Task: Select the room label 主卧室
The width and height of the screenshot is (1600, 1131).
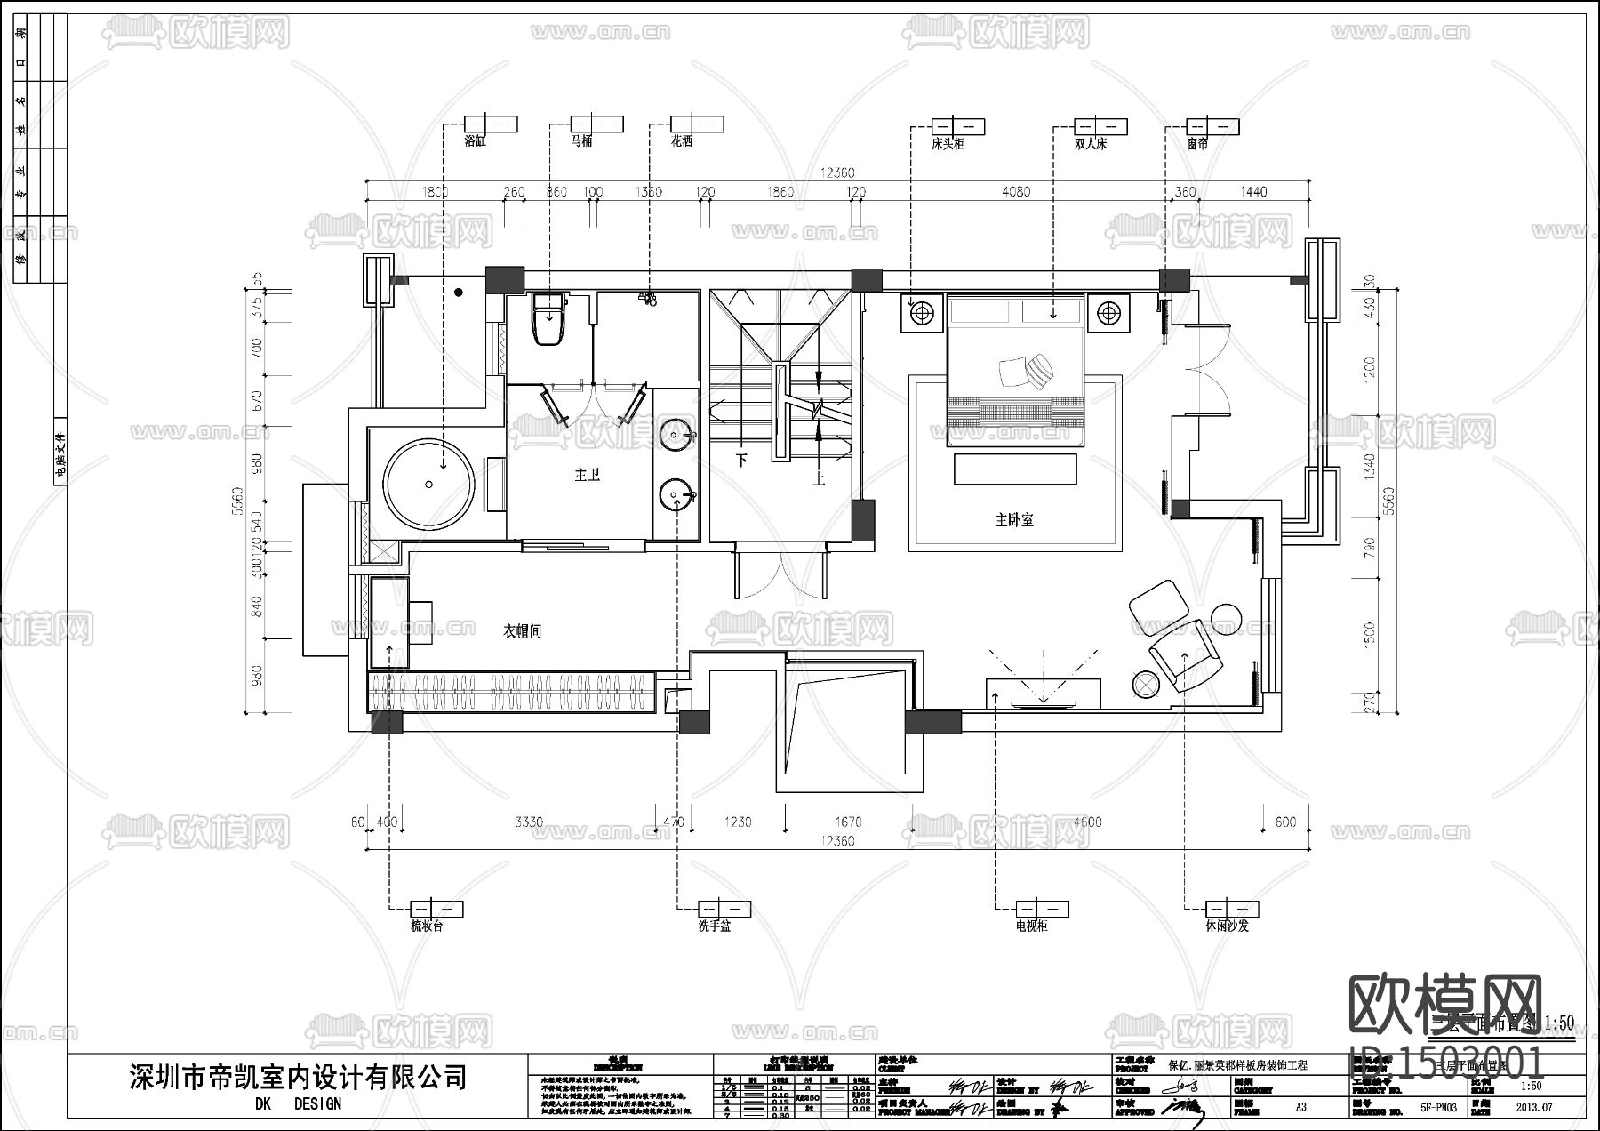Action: point(1013,520)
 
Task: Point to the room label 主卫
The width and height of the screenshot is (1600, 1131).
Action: point(587,476)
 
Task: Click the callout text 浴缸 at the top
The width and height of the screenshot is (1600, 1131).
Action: point(475,141)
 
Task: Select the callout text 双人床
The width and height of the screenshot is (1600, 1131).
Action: point(1091,143)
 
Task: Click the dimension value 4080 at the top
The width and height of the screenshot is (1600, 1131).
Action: point(1015,191)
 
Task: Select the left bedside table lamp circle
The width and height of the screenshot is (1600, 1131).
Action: point(922,312)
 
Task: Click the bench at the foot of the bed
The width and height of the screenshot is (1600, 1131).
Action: point(1014,469)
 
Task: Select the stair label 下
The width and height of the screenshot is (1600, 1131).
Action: point(742,461)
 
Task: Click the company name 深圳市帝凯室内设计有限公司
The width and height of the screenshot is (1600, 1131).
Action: point(297,1077)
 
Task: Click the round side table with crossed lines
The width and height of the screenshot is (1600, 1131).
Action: point(1145,683)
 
